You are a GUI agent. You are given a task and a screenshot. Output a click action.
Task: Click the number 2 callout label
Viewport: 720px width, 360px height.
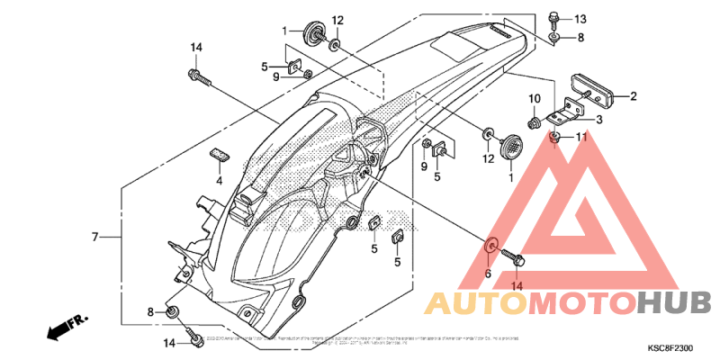[x=633, y=96]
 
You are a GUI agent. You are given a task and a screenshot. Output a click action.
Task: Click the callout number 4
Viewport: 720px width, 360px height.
[x=217, y=180]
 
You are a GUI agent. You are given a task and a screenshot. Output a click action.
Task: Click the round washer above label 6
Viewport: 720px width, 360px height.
[x=491, y=246]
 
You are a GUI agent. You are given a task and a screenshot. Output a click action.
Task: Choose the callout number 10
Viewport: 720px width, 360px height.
[x=534, y=98]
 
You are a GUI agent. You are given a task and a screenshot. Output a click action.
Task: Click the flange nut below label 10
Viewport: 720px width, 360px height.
[x=534, y=120]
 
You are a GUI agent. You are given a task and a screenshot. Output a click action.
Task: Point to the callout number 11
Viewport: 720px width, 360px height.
[x=580, y=137]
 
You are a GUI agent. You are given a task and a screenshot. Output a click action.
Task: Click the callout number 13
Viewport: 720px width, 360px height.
[x=580, y=19]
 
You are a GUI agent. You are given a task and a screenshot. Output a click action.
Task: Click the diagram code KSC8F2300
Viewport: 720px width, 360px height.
[x=670, y=347]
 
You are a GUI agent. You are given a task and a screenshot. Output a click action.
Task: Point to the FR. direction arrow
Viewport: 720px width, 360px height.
[x=66, y=325]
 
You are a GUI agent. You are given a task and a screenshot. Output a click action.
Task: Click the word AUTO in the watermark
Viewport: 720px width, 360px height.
[x=477, y=303]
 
